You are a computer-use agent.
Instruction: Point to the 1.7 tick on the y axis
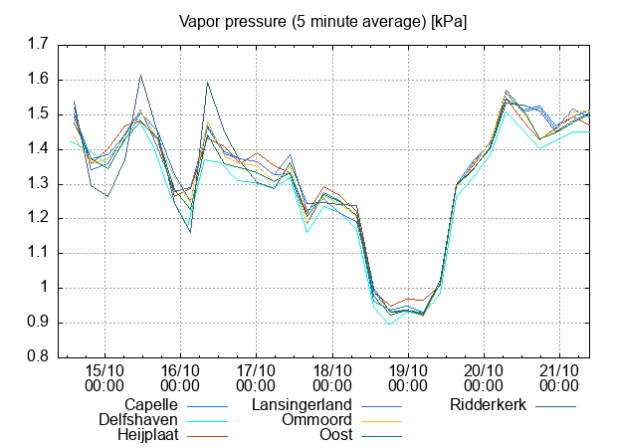pos(39,45)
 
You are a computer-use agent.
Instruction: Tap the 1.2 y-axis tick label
pos(39,219)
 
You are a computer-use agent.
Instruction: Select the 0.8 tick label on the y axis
pos(39,357)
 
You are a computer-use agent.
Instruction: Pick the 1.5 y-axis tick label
pos(39,114)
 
